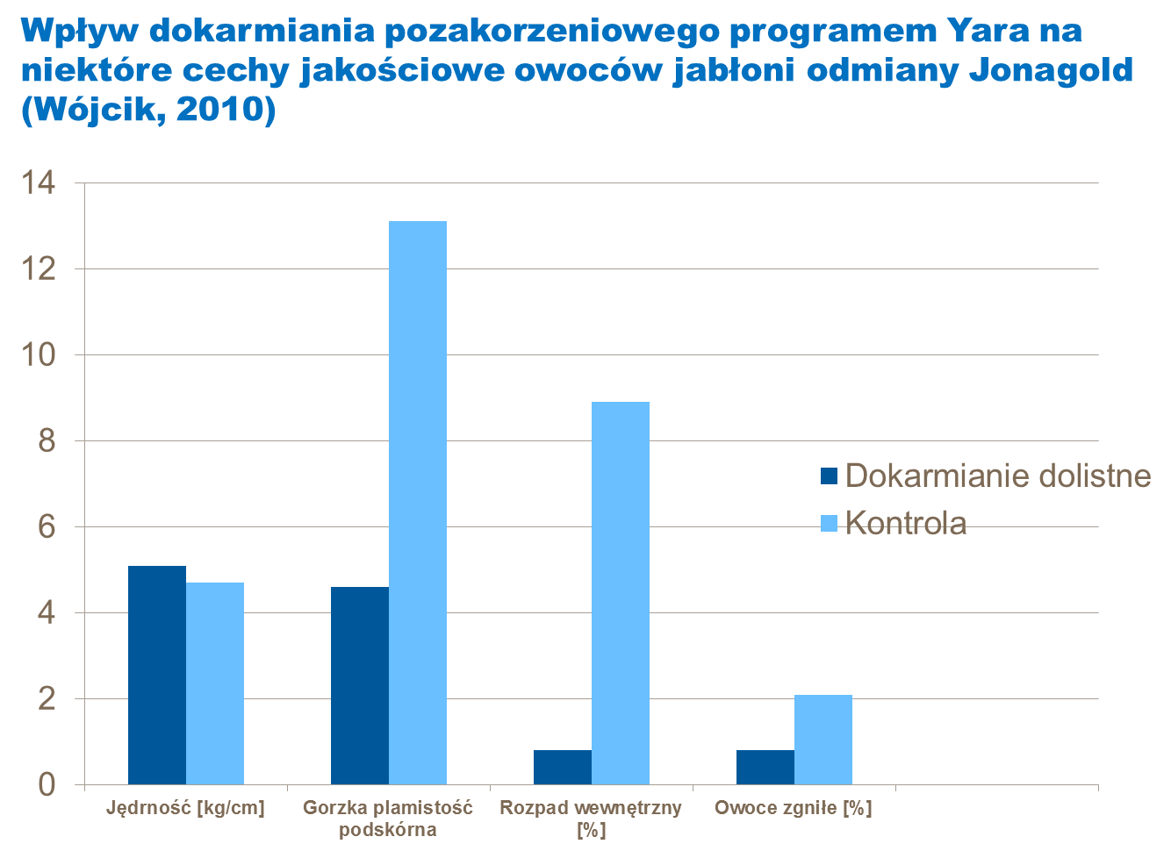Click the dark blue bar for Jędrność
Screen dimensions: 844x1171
click(x=157, y=675)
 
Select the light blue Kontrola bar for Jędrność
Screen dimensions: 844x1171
click(x=215, y=683)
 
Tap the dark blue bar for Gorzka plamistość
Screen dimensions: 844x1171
click(x=360, y=685)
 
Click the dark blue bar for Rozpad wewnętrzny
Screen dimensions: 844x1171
click(x=563, y=767)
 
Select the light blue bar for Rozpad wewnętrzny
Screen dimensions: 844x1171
click(x=621, y=593)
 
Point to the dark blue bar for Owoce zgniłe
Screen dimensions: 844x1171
click(x=765, y=767)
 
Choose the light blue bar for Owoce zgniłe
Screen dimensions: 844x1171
click(x=823, y=740)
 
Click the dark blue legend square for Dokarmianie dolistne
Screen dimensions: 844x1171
click(x=830, y=476)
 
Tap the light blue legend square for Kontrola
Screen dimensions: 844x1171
click(x=830, y=524)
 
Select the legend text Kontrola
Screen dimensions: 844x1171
click(x=906, y=524)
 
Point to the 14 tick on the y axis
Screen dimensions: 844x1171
click(x=41, y=183)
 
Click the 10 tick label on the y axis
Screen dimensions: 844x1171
click(x=41, y=355)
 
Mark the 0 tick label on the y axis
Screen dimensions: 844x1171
click(x=47, y=784)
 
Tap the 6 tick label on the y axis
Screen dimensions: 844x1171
click(x=47, y=527)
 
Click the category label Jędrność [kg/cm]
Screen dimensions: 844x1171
click(x=185, y=808)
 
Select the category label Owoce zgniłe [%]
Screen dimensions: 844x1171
click(x=793, y=808)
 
